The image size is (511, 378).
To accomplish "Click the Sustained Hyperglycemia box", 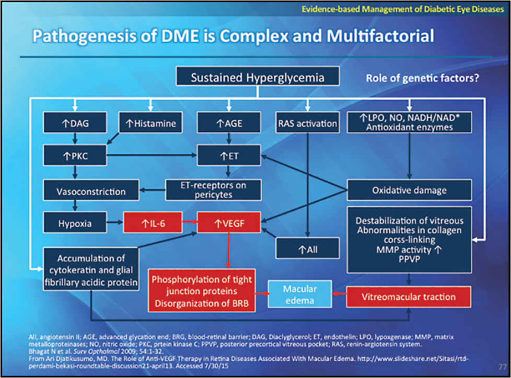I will click(257, 78).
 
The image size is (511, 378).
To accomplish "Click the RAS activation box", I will click(307, 123).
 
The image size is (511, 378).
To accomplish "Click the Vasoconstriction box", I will click(91, 190).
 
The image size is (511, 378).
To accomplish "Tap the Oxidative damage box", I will click(409, 190).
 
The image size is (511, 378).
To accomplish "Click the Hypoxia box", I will click(75, 223).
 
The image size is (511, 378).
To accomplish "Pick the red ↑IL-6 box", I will click(152, 223).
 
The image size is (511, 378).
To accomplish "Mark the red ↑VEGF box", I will click(228, 223).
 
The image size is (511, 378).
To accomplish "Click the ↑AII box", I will click(308, 249).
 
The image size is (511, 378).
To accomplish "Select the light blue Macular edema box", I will click(299, 295).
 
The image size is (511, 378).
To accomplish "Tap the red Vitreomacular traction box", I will click(409, 296).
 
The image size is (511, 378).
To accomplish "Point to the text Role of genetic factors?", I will click(422, 78).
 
